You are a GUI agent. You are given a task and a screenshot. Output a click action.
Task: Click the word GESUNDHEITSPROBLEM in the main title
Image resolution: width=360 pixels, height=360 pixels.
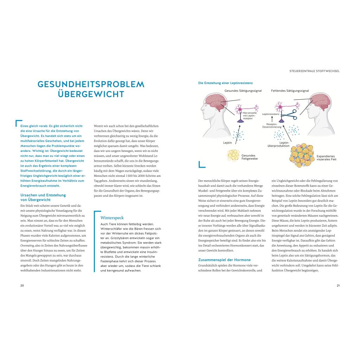91,84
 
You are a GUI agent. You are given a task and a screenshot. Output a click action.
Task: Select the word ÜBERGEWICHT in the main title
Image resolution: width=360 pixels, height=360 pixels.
91,94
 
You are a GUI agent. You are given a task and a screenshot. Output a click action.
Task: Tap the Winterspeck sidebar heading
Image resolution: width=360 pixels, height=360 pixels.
112,218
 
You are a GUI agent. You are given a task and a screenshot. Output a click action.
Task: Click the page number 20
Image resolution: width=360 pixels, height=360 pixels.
22,285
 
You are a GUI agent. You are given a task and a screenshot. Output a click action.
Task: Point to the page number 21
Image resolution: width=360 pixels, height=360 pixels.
338,285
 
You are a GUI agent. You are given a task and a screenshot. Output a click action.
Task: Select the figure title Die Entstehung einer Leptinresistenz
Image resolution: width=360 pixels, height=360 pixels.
225,83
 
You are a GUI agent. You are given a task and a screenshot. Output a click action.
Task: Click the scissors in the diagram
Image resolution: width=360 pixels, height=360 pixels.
291,114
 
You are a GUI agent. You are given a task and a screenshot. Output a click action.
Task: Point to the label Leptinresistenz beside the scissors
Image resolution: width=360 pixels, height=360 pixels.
271,114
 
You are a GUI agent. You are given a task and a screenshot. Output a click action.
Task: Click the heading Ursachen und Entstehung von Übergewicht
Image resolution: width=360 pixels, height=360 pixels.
43,197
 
